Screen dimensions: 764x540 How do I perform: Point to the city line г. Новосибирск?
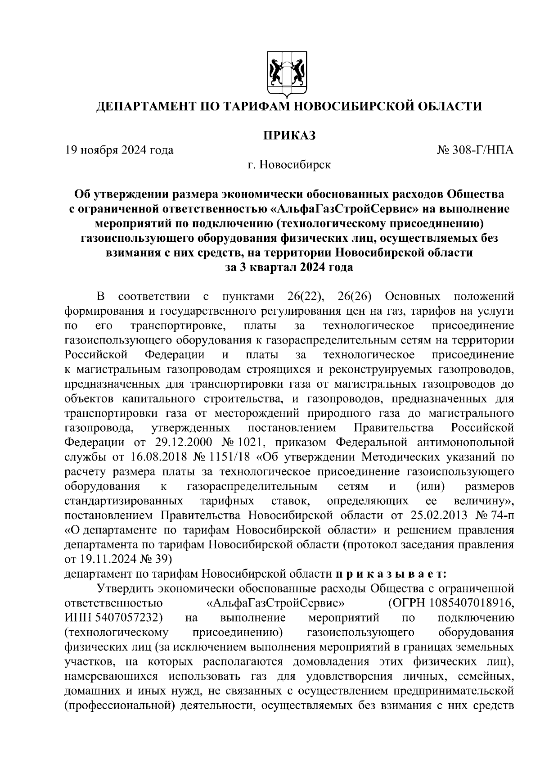[289, 165]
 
